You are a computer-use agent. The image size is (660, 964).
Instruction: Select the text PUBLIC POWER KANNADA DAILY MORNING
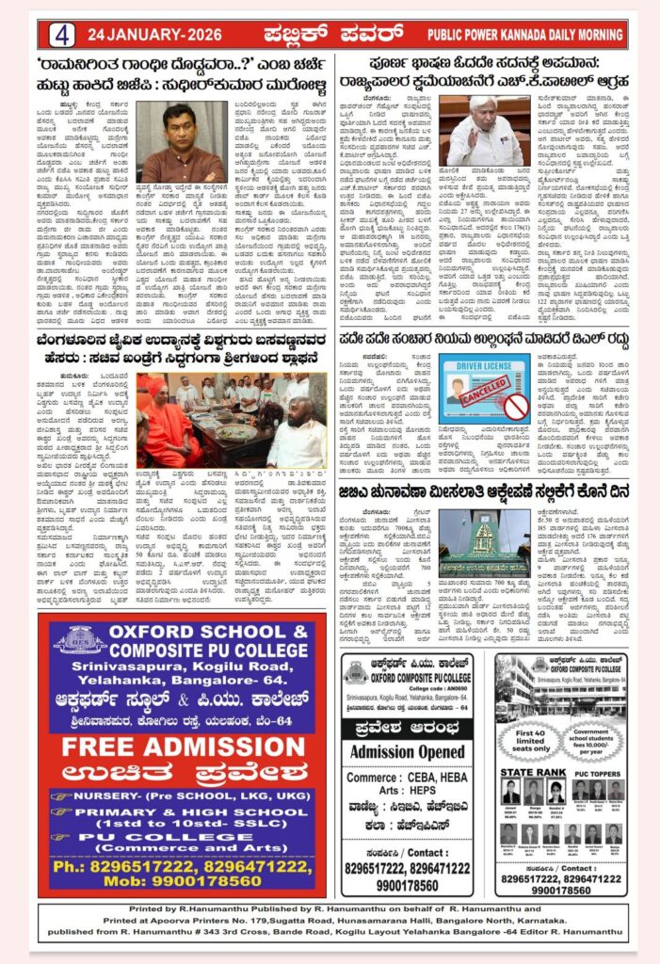pos(524,35)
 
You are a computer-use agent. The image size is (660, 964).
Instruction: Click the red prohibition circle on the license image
pos(516,407)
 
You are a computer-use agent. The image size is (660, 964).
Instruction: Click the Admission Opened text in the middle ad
pos(408,751)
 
